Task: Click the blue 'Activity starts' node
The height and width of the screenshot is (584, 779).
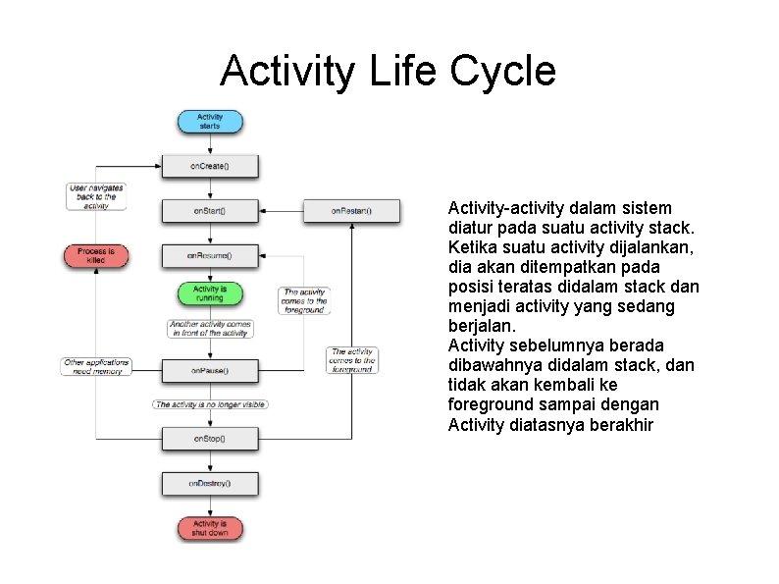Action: click(x=210, y=122)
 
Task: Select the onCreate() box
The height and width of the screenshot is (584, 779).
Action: click(x=210, y=166)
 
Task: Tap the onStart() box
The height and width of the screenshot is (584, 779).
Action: click(x=210, y=211)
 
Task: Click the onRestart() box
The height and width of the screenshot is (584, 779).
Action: click(x=351, y=211)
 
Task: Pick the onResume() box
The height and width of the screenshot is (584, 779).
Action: click(x=210, y=255)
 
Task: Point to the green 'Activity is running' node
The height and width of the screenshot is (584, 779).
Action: click(x=210, y=293)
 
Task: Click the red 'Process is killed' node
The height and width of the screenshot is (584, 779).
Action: click(x=96, y=255)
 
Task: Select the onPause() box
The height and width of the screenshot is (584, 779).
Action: click(x=210, y=370)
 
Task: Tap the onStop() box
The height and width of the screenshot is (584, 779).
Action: click(x=210, y=438)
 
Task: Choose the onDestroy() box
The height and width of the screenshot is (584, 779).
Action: click(x=210, y=483)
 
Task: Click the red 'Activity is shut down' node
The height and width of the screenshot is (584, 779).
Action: click(x=210, y=528)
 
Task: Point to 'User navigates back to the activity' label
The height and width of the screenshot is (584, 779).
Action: click(x=96, y=196)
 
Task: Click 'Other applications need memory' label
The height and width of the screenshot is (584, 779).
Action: click(x=96, y=367)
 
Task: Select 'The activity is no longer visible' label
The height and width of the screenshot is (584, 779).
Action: click(x=210, y=404)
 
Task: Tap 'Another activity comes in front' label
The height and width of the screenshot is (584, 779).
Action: click(x=210, y=329)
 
